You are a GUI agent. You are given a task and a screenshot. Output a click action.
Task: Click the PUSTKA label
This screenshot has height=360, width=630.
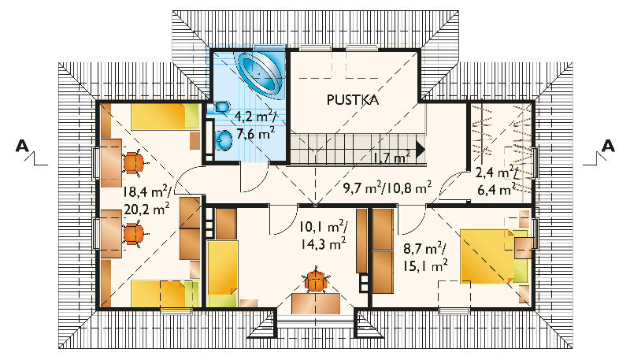pyautogui.click(x=352, y=100)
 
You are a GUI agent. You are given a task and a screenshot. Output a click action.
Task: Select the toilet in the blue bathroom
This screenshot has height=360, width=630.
pyautogui.click(x=219, y=107)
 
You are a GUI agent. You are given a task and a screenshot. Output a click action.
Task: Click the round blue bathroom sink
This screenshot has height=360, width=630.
pyautogui.click(x=224, y=139)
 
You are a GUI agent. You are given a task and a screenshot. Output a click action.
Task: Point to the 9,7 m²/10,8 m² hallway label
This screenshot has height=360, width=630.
pyautogui.click(x=387, y=187)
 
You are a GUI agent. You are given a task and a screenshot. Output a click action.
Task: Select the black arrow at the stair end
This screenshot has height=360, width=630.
pyautogui.click(x=421, y=150)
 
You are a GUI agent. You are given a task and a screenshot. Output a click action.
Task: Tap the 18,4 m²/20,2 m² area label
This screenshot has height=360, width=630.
pyautogui.click(x=146, y=201)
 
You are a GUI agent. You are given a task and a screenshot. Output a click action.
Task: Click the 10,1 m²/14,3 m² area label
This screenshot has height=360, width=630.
pyautogui.click(x=323, y=236)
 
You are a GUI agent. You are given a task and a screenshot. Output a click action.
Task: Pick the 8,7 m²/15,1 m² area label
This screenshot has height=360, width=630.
pyautogui.click(x=425, y=257)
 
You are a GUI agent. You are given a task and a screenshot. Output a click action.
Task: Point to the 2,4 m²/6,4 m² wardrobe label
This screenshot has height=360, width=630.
pyautogui.click(x=495, y=181)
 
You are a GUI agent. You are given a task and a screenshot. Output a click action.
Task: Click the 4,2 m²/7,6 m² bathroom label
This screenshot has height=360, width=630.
pyautogui.click(x=254, y=125)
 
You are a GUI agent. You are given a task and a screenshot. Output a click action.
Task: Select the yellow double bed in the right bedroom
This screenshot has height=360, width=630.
pyautogui.click(x=494, y=256)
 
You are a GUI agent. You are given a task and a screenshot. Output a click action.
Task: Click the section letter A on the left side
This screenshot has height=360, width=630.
pyautogui.click(x=23, y=146)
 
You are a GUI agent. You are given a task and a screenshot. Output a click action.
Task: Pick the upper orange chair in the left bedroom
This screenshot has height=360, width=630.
pyautogui.click(x=134, y=163)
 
